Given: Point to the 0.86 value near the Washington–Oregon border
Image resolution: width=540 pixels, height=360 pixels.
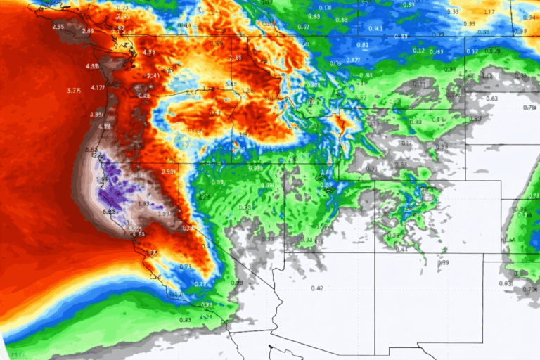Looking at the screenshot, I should [144, 95].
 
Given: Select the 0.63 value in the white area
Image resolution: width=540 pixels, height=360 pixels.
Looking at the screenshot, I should [491, 98].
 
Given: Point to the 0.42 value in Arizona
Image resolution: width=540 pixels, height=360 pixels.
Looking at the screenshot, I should [316, 288].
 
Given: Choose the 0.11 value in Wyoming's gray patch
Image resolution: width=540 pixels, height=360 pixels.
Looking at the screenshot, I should [420, 84].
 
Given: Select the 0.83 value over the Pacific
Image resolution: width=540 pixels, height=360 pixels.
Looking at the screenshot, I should [185, 320].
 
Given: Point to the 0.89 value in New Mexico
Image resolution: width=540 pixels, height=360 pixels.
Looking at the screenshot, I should [443, 262].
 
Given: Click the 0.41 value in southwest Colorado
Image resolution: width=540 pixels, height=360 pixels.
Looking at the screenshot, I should [401, 249].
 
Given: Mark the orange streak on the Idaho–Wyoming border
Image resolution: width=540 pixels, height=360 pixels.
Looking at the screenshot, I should [342, 125].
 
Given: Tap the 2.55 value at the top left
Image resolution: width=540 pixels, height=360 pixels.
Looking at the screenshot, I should [58, 27].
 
